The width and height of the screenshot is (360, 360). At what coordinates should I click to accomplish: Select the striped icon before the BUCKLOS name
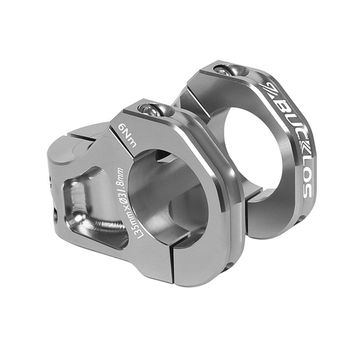pos(267,89)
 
